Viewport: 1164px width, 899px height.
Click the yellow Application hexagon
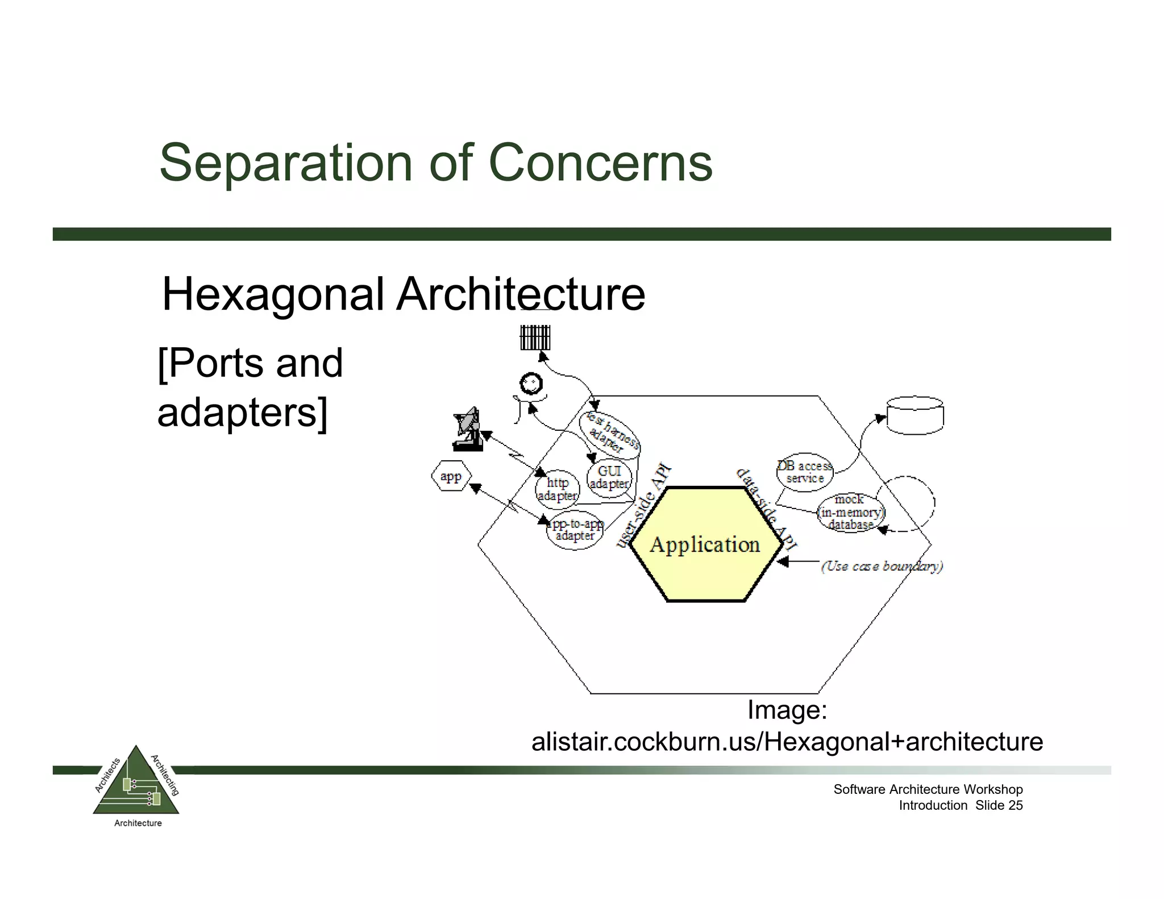[x=705, y=544]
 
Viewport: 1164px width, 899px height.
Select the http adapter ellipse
[x=558, y=489]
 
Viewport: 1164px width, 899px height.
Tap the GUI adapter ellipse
[x=609, y=477]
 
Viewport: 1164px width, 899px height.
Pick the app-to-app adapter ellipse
[x=575, y=530]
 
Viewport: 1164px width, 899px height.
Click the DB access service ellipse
[x=805, y=472]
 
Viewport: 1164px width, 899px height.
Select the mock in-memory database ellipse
[x=850, y=512]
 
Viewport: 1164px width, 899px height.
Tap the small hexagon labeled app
[x=451, y=476]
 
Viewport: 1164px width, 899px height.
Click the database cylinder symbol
[x=914, y=415]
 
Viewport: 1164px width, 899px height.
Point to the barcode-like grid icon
[x=535, y=338]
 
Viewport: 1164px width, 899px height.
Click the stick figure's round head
[x=531, y=384]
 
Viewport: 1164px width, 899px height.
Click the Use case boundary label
[x=882, y=566]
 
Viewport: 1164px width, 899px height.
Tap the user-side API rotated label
[x=645, y=506]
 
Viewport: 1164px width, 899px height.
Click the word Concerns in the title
[x=600, y=163]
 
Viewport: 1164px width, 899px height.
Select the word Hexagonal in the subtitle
[x=273, y=294]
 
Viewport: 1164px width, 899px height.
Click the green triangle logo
[x=136, y=785]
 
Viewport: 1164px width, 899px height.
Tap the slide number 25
[x=1015, y=805]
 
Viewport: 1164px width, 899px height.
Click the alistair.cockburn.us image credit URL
[x=787, y=742]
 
